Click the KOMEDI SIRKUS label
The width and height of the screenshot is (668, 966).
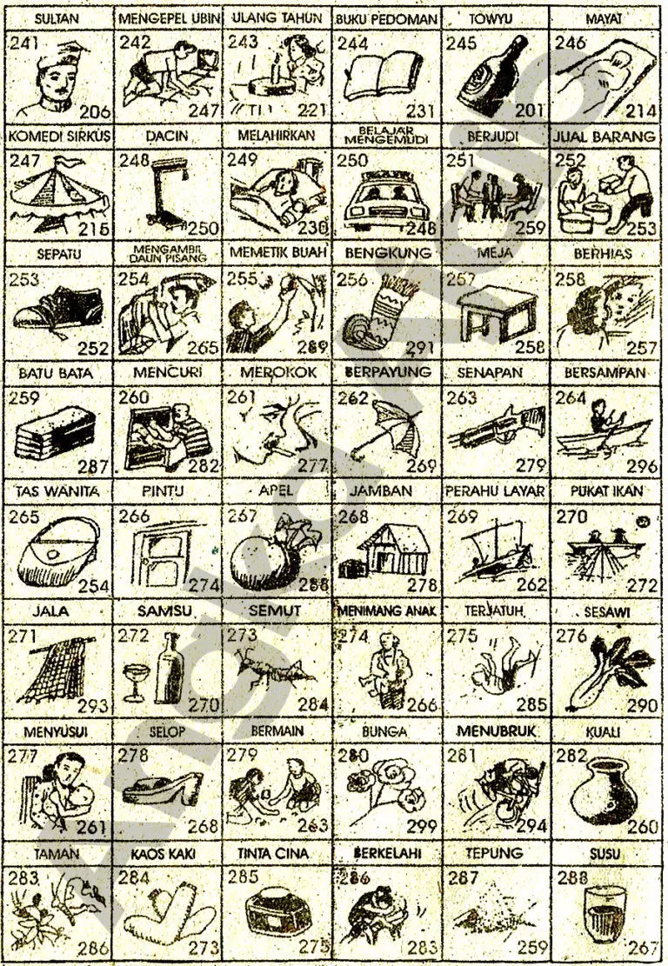(x=55, y=138)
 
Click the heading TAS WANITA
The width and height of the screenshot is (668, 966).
(x=55, y=491)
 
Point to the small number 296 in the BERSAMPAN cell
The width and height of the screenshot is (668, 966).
(x=637, y=467)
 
